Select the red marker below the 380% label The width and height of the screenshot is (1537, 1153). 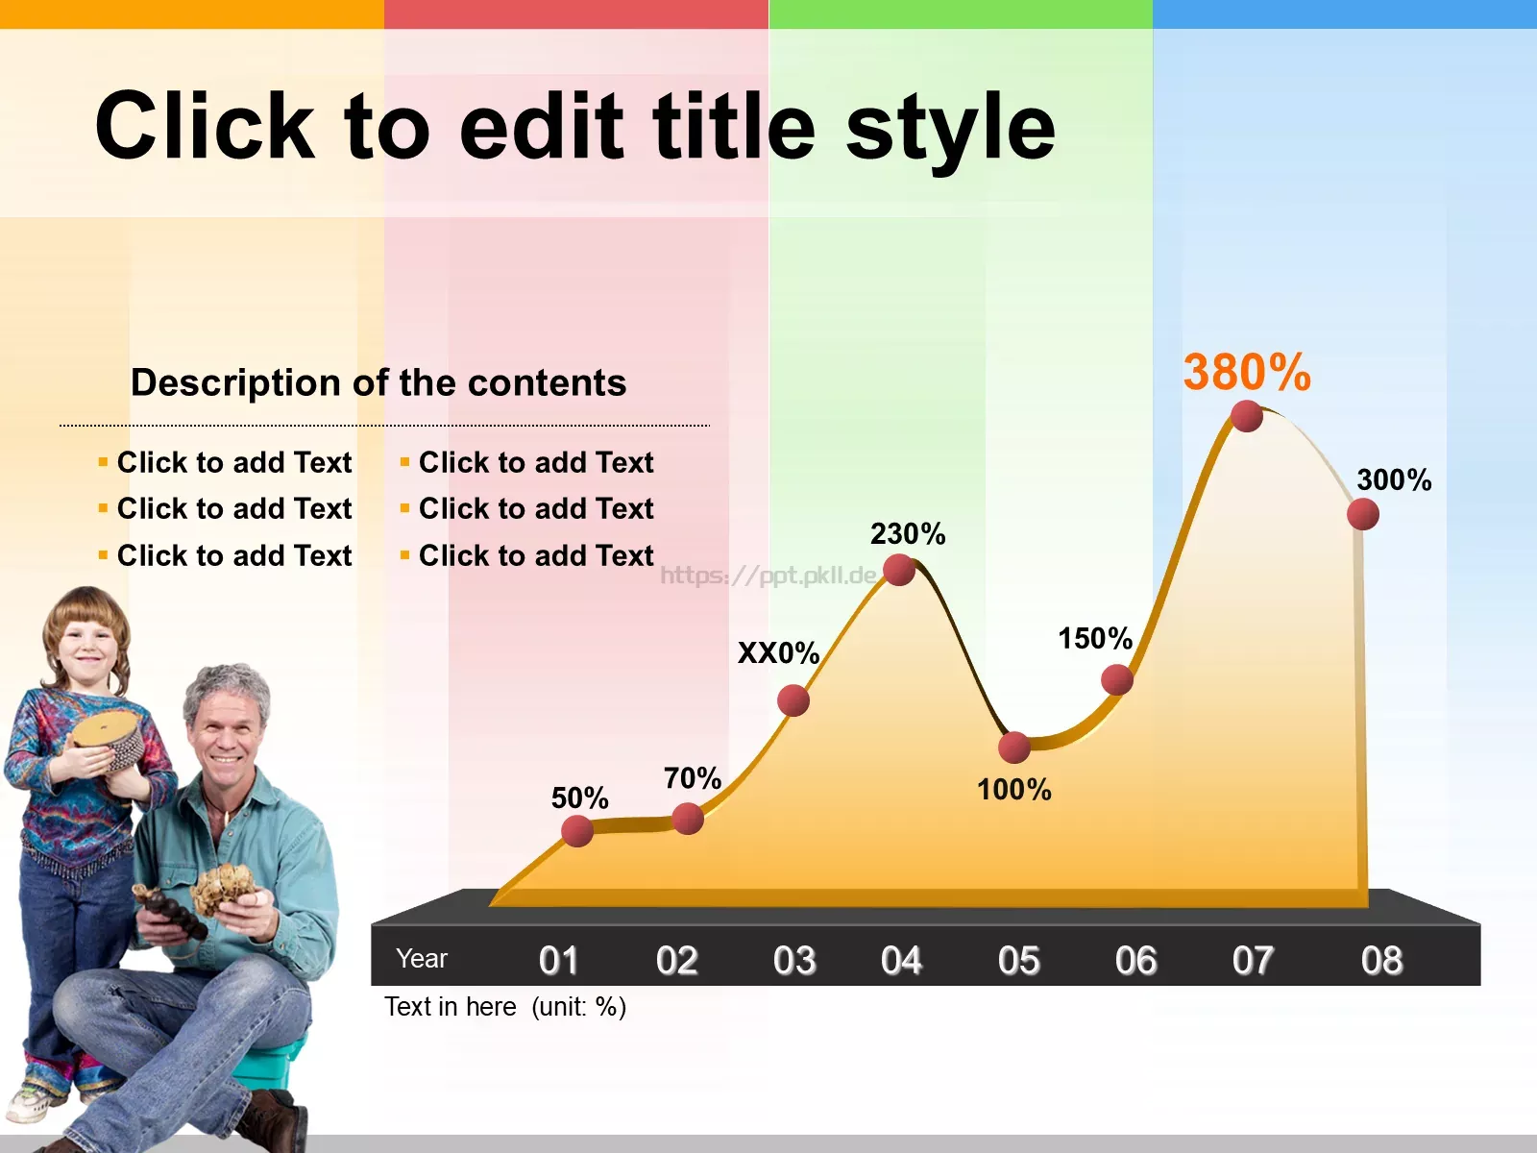coord(1246,417)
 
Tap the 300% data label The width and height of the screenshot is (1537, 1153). coord(1394,480)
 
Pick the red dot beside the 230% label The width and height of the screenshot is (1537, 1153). coord(899,570)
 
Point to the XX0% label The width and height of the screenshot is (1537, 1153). coord(779,653)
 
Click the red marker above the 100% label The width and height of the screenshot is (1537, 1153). coord(1013,748)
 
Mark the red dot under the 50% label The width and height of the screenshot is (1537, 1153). coord(577,831)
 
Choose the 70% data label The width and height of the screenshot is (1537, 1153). coord(693,778)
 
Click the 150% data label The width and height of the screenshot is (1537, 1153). coord(1095,638)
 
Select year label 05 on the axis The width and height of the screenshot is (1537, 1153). coord(1019,960)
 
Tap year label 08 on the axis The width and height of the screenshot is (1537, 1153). coord(1381,960)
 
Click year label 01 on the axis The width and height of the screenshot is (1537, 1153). coord(558,960)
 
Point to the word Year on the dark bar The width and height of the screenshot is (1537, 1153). coord(422,958)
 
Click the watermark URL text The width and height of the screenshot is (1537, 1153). coord(768,576)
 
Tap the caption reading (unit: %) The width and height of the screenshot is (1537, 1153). coord(578,1007)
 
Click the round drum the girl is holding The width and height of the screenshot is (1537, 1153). coord(109,741)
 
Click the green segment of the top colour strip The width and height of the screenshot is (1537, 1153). coord(961,14)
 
